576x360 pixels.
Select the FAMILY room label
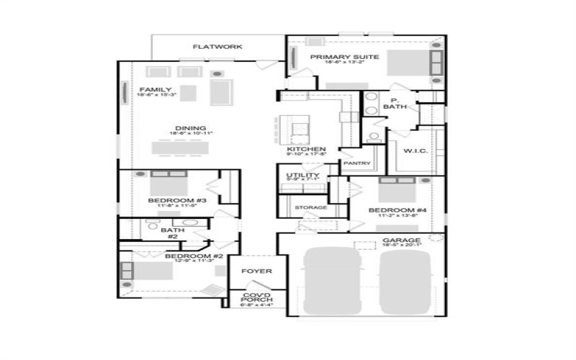tap(156, 90)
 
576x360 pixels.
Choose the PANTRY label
tap(357, 163)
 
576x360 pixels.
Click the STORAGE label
tap(311, 207)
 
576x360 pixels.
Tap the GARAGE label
tap(397, 240)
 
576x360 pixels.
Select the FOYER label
tap(256, 271)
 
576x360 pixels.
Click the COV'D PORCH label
tap(256, 297)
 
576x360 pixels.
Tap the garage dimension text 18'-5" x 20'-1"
tap(397, 246)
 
